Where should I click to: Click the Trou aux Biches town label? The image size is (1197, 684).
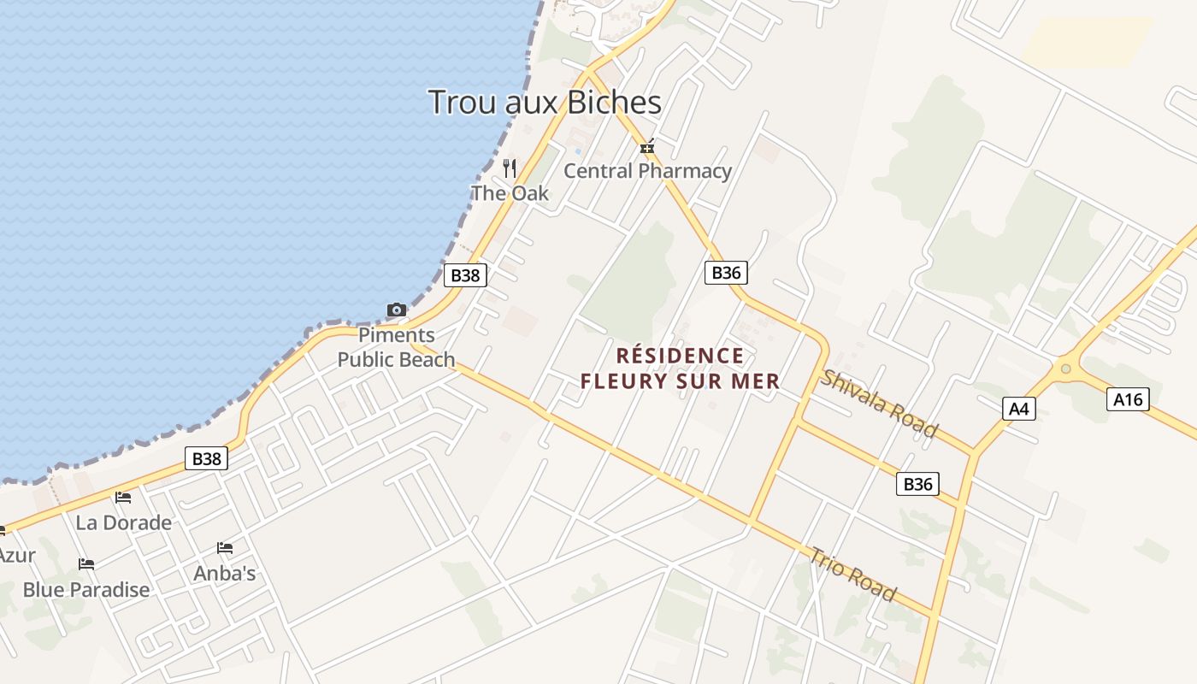[545, 103]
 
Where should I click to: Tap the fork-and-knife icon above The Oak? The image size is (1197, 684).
[510, 168]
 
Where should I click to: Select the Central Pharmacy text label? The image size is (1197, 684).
[647, 171]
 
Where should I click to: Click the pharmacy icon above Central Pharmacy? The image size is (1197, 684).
[647, 147]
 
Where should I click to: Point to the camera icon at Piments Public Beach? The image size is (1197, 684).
[397, 310]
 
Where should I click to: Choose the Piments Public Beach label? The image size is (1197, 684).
[396, 347]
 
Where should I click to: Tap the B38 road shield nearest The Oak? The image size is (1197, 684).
[465, 274]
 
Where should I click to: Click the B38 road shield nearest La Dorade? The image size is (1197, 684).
[206, 458]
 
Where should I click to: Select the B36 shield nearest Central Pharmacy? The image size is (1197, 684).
[726, 273]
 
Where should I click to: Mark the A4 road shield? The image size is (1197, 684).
[1018, 409]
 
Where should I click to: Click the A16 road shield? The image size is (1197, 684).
[1128, 398]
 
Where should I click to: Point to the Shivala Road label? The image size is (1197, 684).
[879, 404]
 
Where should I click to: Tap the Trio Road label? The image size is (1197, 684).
[853, 575]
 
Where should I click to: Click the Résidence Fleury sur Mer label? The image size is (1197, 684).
[680, 369]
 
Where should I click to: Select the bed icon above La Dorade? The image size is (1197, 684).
[123, 498]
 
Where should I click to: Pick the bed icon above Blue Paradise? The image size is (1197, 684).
[85, 564]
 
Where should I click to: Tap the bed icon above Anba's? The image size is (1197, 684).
[225, 547]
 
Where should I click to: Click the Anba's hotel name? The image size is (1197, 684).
[225, 573]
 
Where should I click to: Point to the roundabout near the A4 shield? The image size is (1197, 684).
[1065, 369]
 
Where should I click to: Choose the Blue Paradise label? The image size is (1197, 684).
[85, 589]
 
